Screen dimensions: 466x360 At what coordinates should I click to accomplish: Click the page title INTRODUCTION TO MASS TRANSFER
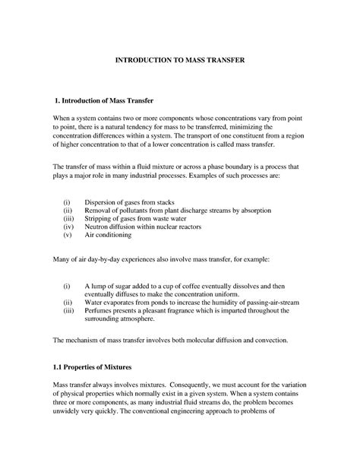click(180, 59)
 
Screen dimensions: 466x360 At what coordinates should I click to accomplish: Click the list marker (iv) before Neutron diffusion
click(69, 226)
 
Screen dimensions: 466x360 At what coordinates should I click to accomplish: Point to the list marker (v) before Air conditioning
click(68, 235)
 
